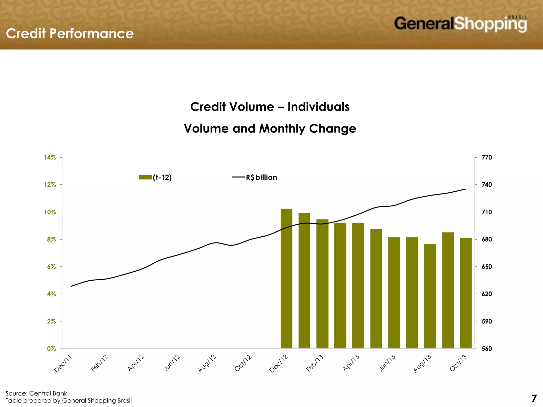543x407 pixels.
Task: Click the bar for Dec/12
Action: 286,278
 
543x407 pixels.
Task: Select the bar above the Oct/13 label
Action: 466,293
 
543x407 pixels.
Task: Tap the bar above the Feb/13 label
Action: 322,284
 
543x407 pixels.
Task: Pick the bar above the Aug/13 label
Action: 430,296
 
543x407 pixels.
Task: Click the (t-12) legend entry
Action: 155,177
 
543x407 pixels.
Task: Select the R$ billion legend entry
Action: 255,177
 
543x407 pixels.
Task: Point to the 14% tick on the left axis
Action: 50,157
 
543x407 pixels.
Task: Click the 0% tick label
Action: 51,348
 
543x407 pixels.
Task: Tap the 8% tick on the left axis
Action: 51,239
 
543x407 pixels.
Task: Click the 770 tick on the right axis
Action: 487,157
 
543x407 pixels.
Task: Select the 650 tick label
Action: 487,267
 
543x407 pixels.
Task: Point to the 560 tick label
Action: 487,348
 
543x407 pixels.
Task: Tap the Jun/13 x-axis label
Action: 387,363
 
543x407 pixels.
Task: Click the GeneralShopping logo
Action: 460,24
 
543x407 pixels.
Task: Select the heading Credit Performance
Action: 70,34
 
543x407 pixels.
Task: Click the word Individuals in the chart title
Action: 318,107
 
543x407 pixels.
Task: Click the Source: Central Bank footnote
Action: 36,393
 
